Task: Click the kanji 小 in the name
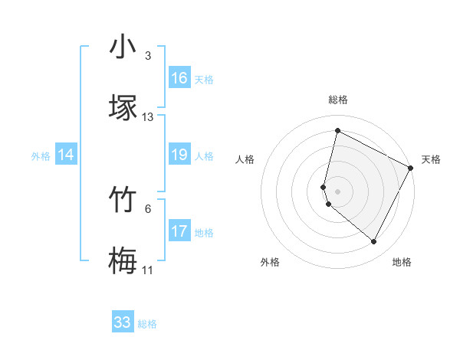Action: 123,47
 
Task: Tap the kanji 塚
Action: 123,107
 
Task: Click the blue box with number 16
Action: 179,78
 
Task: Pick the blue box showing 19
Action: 179,155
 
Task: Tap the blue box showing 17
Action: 179,231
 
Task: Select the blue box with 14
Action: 66,155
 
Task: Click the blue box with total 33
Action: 123,322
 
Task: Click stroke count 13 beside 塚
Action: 148,117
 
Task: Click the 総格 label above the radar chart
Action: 338,100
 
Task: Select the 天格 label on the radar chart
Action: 431,159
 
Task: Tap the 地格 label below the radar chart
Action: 402,262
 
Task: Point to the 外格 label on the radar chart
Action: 270,262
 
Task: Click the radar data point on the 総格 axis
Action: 337,131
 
